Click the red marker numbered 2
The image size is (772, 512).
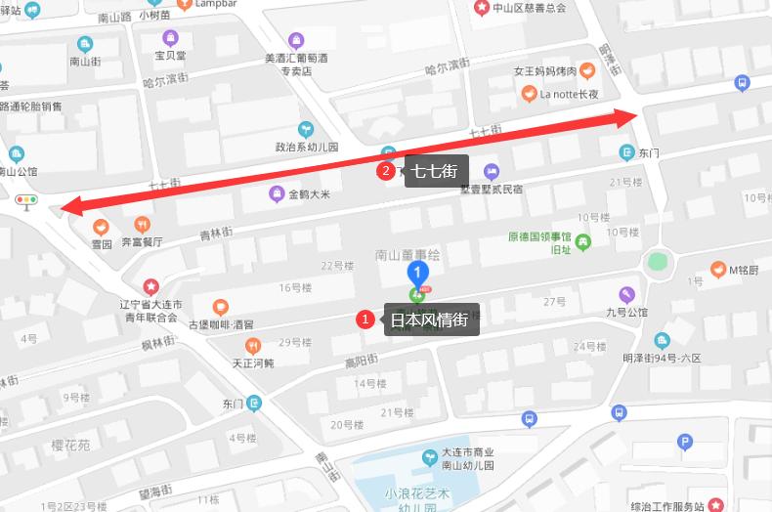(x=386, y=172)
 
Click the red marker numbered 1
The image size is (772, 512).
(x=365, y=319)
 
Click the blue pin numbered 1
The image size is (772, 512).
(x=418, y=273)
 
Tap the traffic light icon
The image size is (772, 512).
(x=26, y=202)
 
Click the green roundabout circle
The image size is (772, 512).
(x=658, y=262)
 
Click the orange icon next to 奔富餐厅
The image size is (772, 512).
(x=143, y=225)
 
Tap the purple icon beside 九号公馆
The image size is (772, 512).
(x=626, y=294)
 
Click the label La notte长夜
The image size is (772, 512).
(x=568, y=95)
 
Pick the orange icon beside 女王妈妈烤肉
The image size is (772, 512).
(x=585, y=70)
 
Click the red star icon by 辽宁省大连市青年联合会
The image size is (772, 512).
(x=150, y=286)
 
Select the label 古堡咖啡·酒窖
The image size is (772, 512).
(x=220, y=324)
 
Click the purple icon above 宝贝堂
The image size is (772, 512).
(x=172, y=38)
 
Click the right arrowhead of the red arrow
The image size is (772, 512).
(x=629, y=117)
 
